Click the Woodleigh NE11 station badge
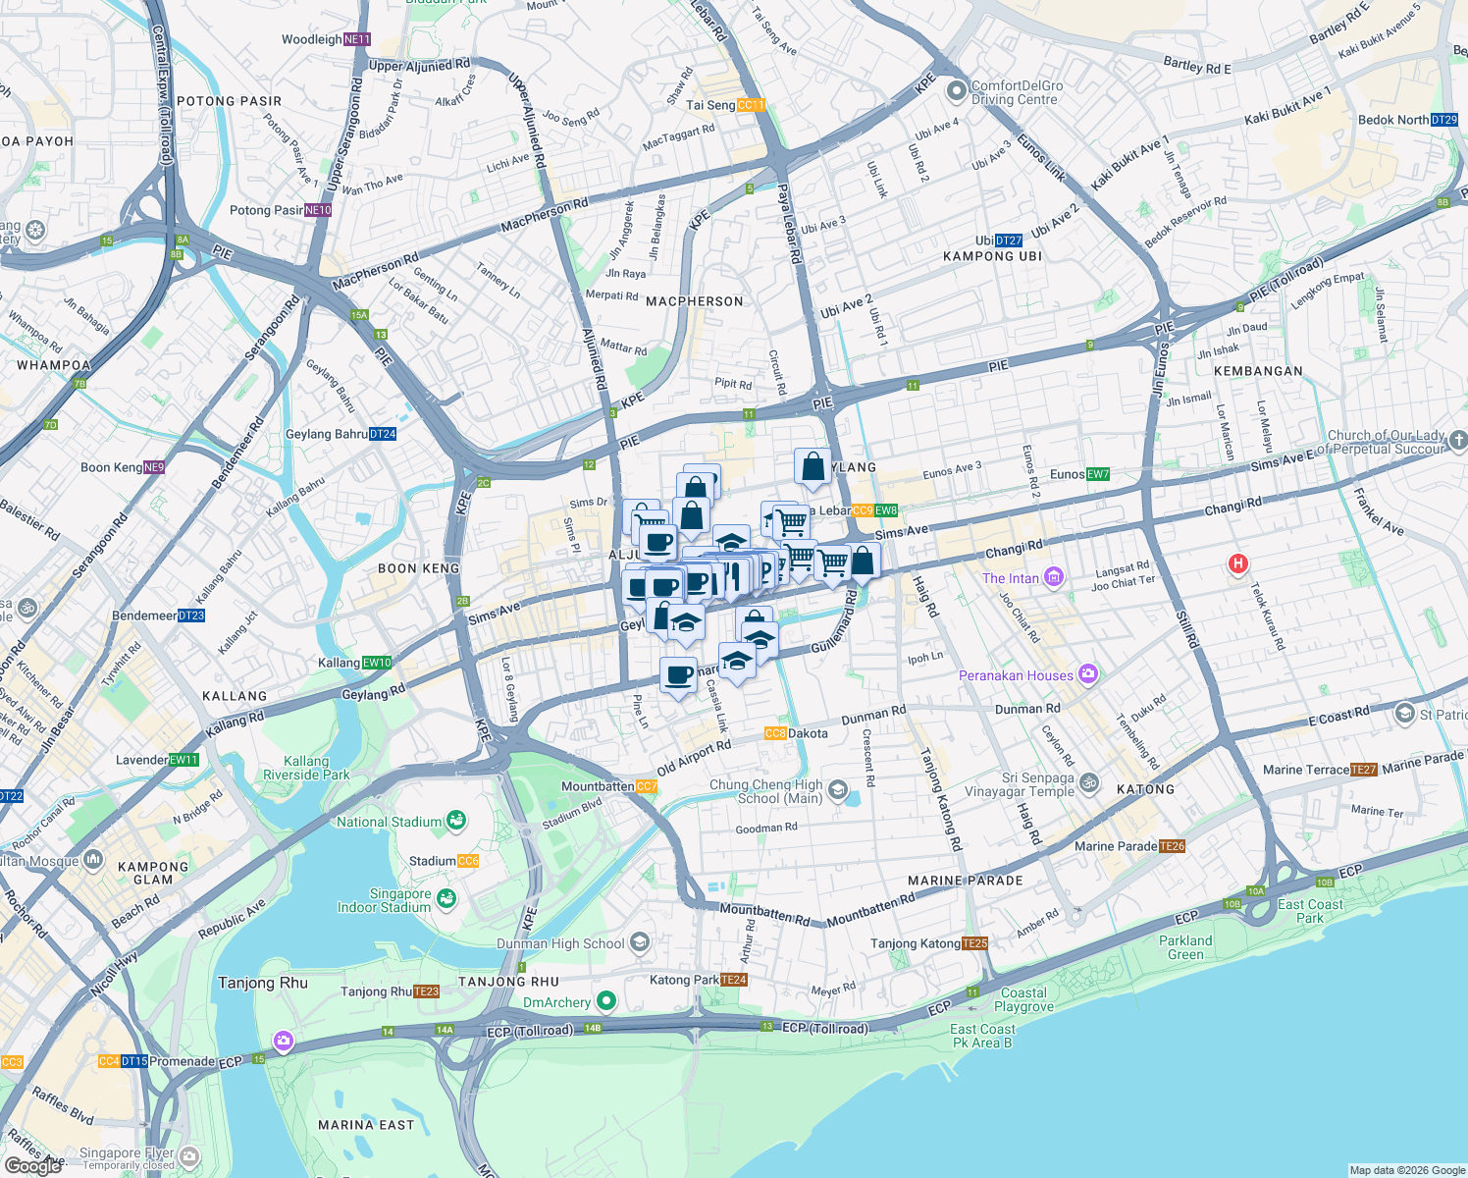point(357,39)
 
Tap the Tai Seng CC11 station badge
point(751,105)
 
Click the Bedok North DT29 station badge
point(1444,120)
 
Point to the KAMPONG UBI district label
point(992,256)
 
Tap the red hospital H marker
point(1238,563)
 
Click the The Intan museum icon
point(1053,577)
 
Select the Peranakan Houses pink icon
point(1087,674)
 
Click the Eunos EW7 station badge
point(1098,474)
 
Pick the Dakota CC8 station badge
point(775,733)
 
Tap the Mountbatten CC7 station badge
point(647,786)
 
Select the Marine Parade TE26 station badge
point(1172,846)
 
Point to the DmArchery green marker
point(606,1001)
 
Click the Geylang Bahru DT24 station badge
point(383,434)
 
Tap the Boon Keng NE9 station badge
point(154,467)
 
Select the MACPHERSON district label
point(694,301)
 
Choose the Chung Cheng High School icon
point(837,790)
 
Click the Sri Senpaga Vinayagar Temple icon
point(1089,783)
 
